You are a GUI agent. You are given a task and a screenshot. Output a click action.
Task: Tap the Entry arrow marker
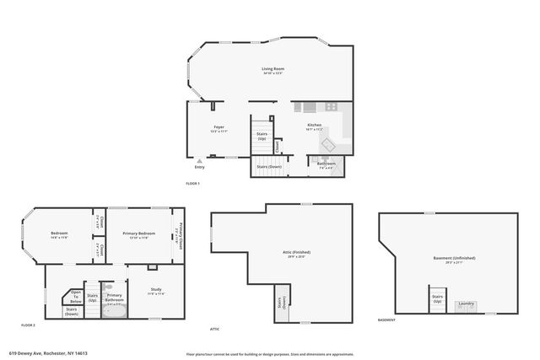pyautogui.click(x=200, y=160)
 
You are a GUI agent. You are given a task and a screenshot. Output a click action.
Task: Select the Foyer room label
pyautogui.click(x=218, y=128)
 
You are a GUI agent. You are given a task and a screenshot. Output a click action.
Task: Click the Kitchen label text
pyautogui.click(x=314, y=126)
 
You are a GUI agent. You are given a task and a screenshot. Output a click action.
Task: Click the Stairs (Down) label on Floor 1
pyautogui.click(x=268, y=167)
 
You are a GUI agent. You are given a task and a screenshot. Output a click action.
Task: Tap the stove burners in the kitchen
pyautogui.click(x=332, y=107)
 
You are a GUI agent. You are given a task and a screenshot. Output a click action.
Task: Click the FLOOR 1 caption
pyautogui.click(x=193, y=183)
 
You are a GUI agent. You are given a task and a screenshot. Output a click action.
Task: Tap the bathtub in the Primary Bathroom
pyautogui.click(x=114, y=309)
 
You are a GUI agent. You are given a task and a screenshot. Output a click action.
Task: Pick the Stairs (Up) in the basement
pyautogui.click(x=437, y=299)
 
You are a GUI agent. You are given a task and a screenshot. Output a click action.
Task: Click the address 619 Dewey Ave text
pyautogui.click(x=49, y=353)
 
